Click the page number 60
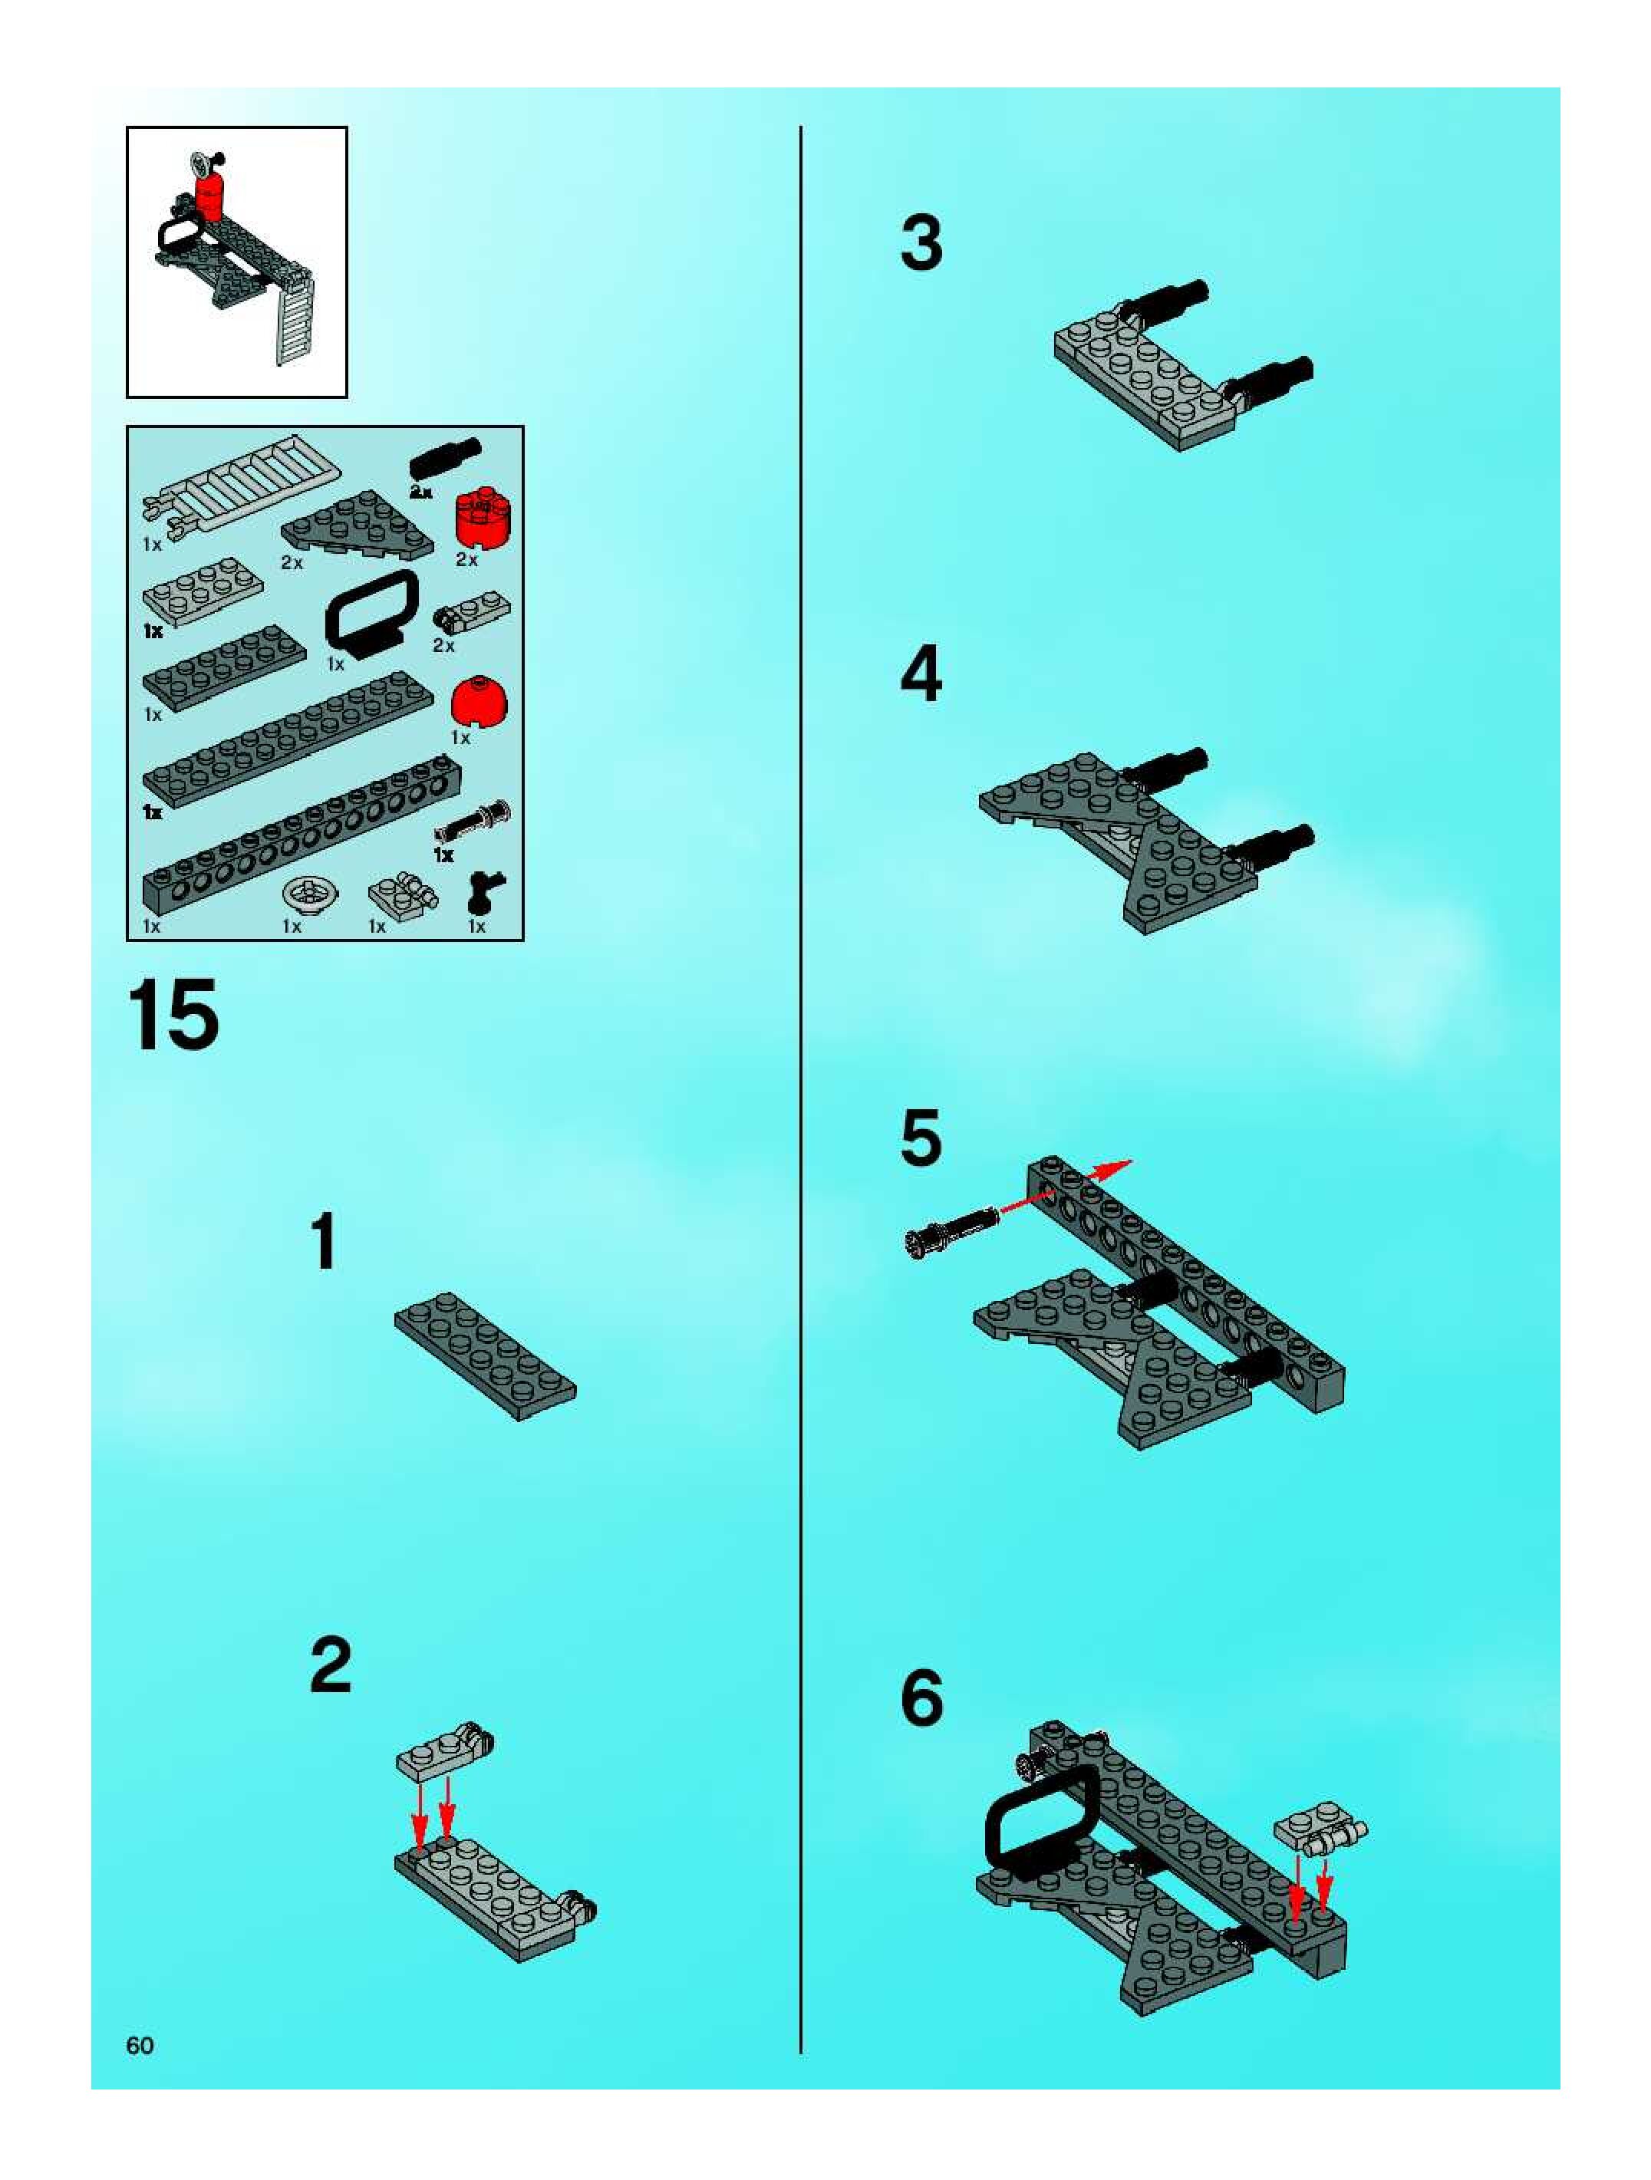pyautogui.click(x=140, y=2045)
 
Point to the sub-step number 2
pyautogui.click(x=330, y=1665)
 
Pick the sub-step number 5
pyautogui.click(x=921, y=1138)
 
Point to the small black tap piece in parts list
pyautogui.click(x=484, y=893)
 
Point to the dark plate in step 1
pyautogui.click(x=485, y=1355)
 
